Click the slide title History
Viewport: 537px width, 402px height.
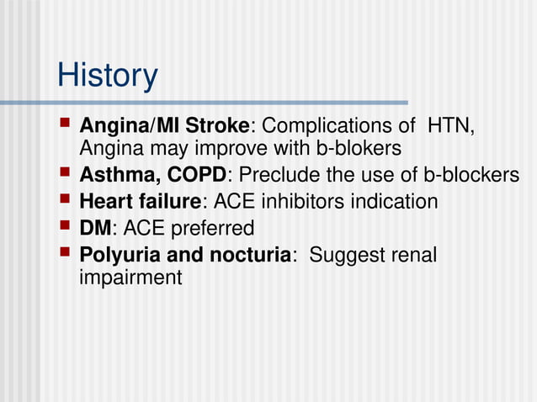[107, 77]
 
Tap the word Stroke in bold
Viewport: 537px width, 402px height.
[218, 126]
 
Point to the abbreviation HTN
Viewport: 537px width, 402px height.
[451, 126]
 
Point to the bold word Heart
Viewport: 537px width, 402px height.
[102, 202]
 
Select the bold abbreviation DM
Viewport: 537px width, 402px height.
[94, 228]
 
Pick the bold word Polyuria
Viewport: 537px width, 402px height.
[116, 254]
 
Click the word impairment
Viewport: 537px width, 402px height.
[130, 277]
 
